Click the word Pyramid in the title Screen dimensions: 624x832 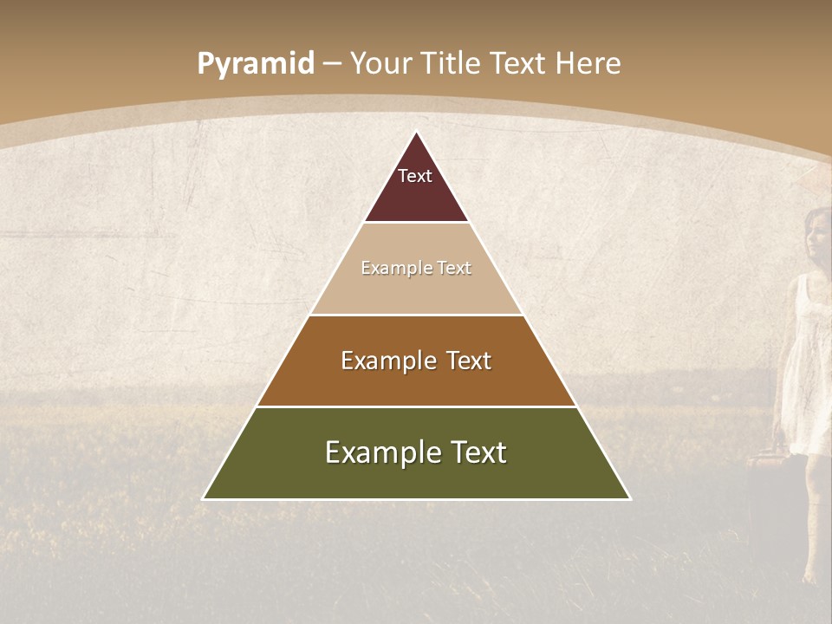[255, 64]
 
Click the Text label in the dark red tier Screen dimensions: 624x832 [415, 176]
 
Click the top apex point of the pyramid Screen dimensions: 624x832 [416, 133]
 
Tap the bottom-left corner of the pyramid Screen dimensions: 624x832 [204, 498]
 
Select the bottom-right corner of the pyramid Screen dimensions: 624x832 [629, 498]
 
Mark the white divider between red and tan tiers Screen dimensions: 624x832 [416, 223]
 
